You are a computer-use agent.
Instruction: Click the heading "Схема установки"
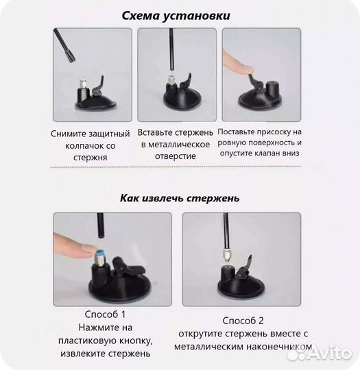point(180,14)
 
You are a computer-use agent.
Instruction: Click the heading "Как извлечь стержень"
point(180,198)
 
